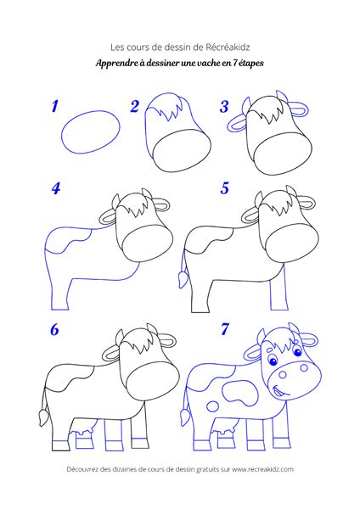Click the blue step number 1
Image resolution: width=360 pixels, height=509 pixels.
click(55, 107)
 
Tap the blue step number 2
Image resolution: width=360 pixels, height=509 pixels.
click(135, 107)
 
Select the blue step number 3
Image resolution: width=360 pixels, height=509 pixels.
click(224, 107)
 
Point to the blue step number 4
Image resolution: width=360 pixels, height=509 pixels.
click(56, 188)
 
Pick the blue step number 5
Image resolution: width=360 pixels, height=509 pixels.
click(225, 188)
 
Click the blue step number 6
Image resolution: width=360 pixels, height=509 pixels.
click(54, 329)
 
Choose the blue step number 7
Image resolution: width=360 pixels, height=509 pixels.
click(225, 329)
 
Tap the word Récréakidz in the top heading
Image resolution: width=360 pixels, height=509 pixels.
click(228, 48)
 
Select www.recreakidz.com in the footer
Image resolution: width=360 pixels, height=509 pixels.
click(263, 469)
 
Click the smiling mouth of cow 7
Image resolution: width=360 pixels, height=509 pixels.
click(281, 390)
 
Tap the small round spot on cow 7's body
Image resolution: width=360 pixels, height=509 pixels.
click(213, 406)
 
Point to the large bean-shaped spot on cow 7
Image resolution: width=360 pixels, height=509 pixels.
click(239, 392)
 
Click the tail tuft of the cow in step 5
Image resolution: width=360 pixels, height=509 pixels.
click(183, 279)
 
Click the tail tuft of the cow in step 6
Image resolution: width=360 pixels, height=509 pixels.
click(43, 417)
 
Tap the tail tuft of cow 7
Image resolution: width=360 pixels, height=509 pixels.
click(185, 417)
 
